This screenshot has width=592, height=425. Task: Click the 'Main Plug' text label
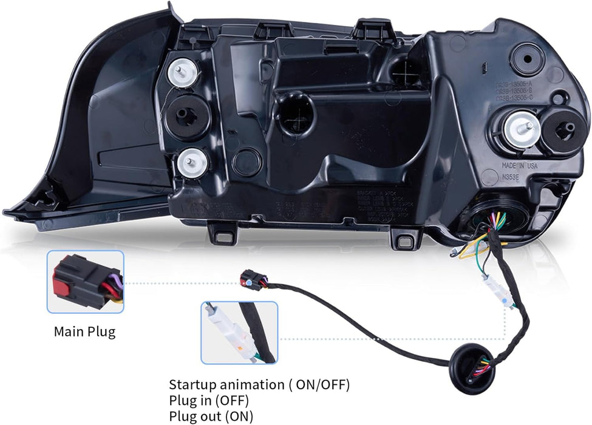tap(84, 331)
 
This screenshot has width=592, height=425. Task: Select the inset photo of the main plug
tap(85, 282)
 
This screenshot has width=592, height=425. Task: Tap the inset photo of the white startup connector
tap(239, 333)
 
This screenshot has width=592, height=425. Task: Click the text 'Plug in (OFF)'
tap(208, 401)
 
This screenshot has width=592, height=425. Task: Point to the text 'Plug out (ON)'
tap(211, 416)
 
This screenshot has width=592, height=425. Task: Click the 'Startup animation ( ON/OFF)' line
tap(259, 384)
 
